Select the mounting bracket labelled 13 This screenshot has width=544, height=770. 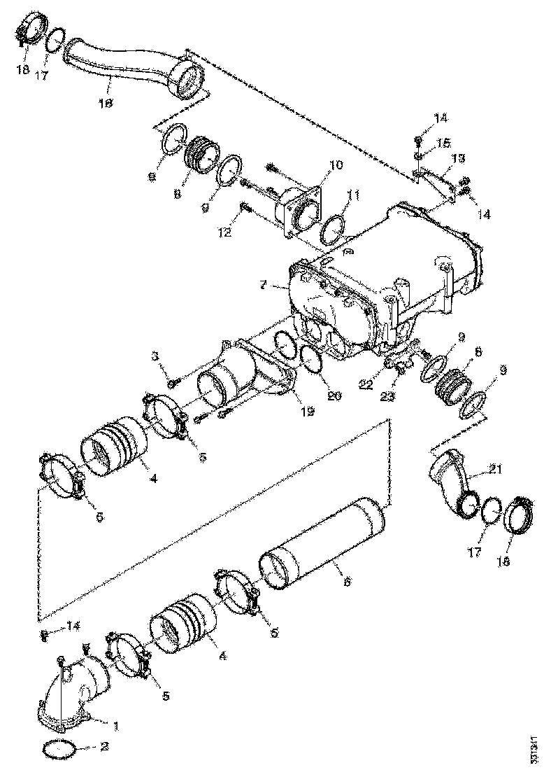point(434,181)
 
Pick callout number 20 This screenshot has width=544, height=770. point(334,395)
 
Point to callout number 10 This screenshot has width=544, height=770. point(336,165)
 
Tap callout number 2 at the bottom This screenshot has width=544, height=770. point(103,747)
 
